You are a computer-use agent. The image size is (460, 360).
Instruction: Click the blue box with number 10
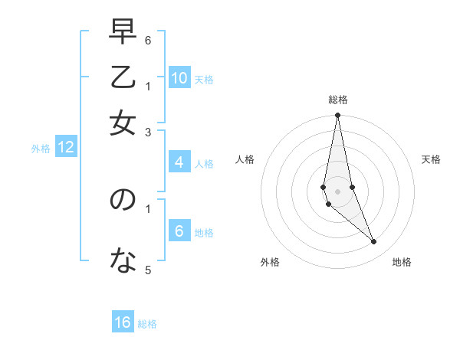pyautogui.click(x=179, y=78)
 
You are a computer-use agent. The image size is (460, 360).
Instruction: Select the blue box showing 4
pyautogui.click(x=179, y=162)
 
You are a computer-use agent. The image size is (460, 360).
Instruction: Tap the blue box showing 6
pyautogui.click(x=179, y=231)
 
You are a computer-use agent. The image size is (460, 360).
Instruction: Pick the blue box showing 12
pyautogui.click(x=66, y=148)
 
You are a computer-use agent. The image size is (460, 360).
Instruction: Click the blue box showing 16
pyautogui.click(x=123, y=322)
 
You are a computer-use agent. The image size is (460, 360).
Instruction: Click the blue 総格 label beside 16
pyautogui.click(x=147, y=324)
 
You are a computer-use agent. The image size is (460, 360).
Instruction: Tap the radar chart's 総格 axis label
pyautogui.click(x=337, y=100)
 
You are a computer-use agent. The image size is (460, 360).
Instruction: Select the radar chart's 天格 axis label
pyautogui.click(x=431, y=159)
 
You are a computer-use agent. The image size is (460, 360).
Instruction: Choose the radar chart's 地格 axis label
pyautogui.click(x=402, y=262)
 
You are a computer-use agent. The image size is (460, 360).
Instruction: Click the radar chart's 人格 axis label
pyautogui.click(x=245, y=159)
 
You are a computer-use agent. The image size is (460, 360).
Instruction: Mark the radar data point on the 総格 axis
pyautogui.click(x=337, y=116)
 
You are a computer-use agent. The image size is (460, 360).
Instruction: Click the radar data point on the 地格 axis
pyautogui.click(x=374, y=242)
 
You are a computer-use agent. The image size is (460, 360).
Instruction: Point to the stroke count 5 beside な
pyautogui.click(x=148, y=270)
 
